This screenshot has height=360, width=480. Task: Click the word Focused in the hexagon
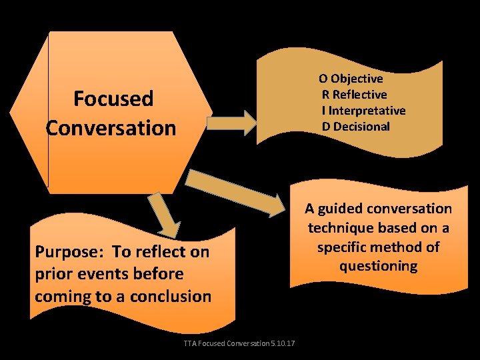113,99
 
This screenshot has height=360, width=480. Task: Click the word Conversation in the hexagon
111,127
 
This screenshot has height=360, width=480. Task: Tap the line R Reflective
354,95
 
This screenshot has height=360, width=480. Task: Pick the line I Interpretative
364,111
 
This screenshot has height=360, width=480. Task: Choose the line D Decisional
356,127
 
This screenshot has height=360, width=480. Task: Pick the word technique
337,228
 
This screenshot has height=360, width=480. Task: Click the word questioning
378,266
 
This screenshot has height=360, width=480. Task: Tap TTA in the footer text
189,343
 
